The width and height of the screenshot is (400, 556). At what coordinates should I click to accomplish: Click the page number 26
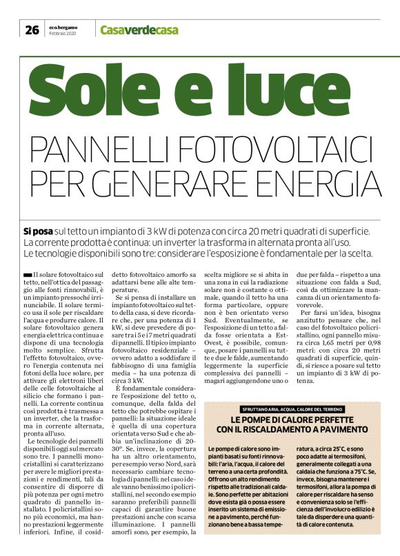[x=32, y=29]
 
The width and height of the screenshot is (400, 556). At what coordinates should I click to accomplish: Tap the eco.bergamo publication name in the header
[x=63, y=26]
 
